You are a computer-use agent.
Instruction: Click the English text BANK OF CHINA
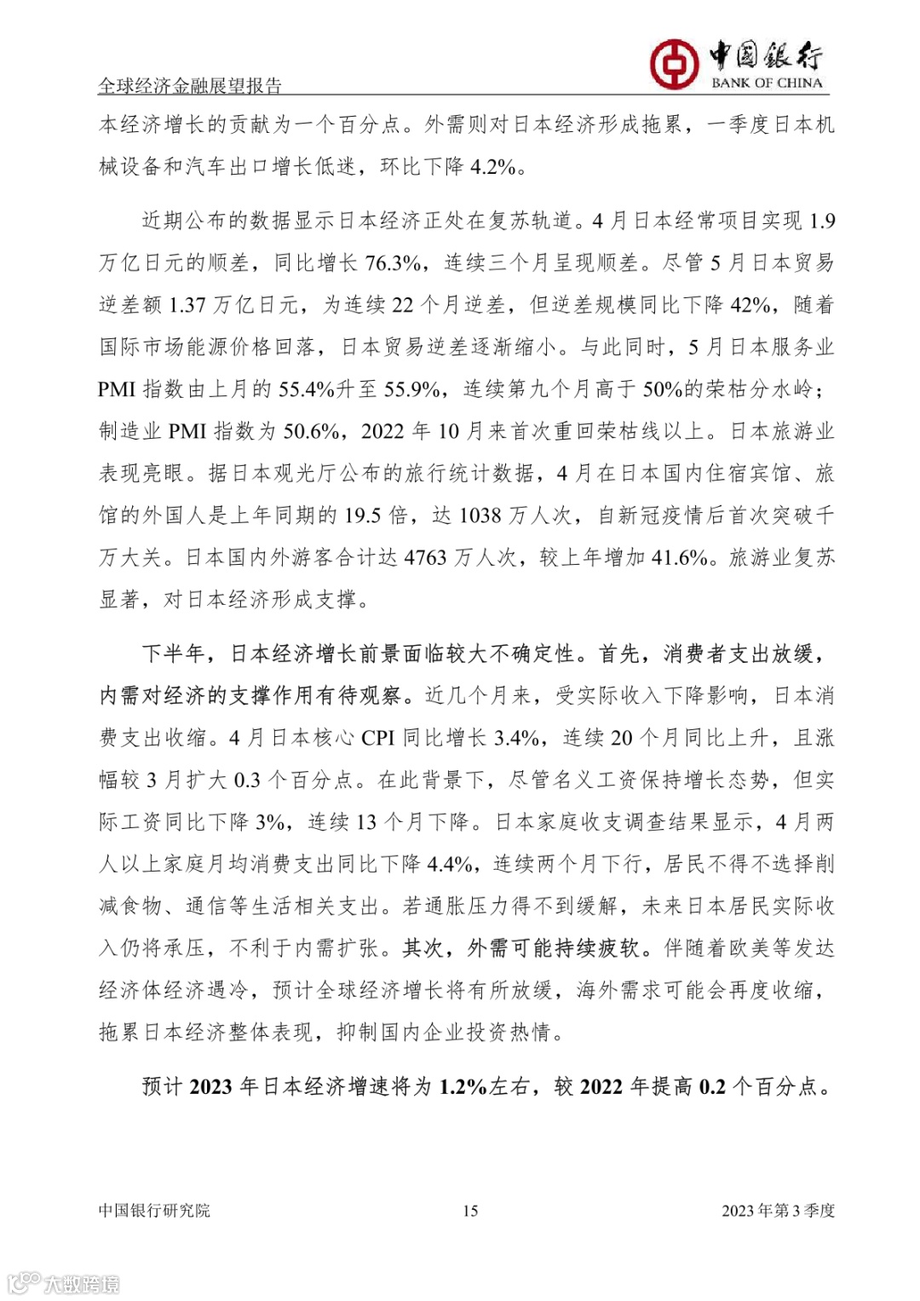(767, 83)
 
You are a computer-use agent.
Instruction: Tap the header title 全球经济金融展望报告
(190, 85)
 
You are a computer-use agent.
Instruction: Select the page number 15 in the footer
(470, 1211)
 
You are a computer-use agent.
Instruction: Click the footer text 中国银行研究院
(154, 1211)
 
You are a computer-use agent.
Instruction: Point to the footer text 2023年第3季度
(778, 1211)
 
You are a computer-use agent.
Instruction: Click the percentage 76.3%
(392, 263)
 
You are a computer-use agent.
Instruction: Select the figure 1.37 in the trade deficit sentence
(187, 305)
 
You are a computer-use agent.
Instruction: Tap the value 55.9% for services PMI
(412, 389)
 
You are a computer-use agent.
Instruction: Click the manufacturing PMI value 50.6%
(311, 431)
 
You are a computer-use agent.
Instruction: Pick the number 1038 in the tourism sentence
(480, 515)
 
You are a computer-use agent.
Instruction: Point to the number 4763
(425, 557)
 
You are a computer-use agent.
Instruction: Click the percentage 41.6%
(680, 557)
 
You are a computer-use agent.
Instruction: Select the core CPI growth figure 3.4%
(517, 738)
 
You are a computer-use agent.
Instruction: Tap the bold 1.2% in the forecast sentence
(463, 1086)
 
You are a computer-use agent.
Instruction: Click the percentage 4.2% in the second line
(493, 167)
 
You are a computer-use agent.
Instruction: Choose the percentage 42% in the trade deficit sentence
(750, 305)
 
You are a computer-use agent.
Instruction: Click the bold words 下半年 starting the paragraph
(174, 653)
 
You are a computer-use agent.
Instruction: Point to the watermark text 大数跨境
(80, 1284)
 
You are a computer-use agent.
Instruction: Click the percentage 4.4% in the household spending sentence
(450, 864)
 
